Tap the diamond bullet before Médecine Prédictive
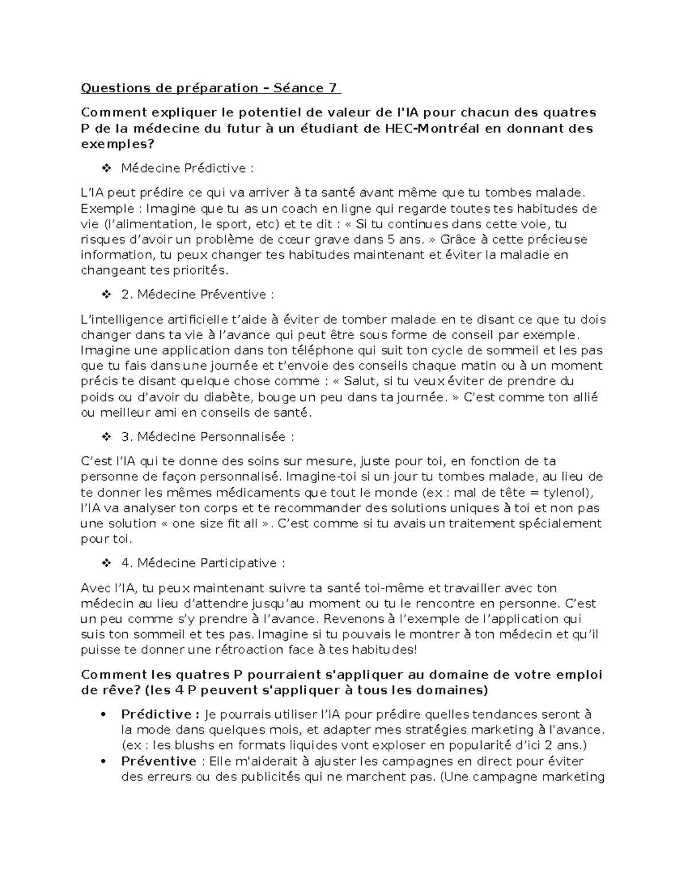click(106, 168)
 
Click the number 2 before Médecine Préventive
click(126, 295)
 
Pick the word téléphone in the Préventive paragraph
click(304, 351)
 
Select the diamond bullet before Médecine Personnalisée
click(106, 437)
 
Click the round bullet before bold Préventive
click(104, 762)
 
